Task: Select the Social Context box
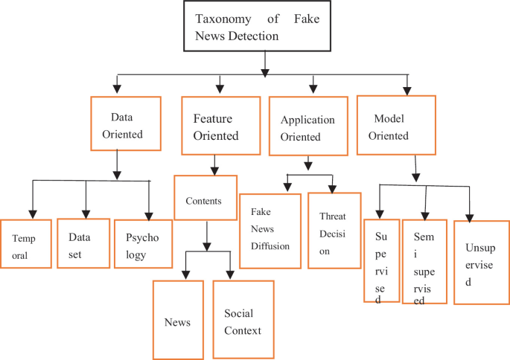243,319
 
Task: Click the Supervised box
381,260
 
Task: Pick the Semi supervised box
424,261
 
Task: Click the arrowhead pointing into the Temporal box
32,213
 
